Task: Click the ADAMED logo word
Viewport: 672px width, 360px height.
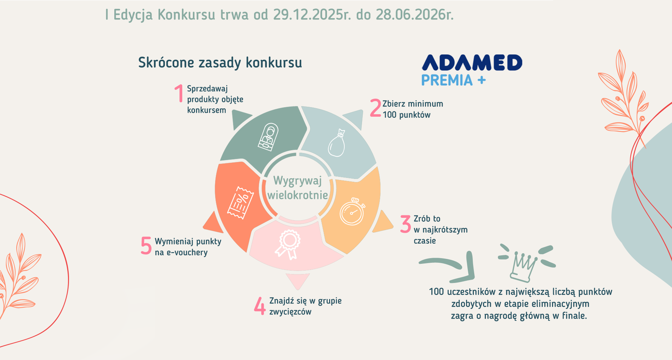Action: (472, 63)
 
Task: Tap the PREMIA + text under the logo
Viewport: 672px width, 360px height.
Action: (453, 80)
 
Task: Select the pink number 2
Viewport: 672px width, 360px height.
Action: (375, 108)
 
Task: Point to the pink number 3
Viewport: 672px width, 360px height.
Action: (406, 224)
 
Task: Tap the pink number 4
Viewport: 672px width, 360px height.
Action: (260, 306)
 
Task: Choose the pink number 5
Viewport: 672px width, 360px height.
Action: (146, 245)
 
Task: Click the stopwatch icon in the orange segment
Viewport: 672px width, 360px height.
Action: (352, 211)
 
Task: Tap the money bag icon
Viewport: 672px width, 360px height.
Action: (337, 143)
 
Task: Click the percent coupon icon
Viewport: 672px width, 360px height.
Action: (241, 203)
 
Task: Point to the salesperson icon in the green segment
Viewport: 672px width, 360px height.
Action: (268, 137)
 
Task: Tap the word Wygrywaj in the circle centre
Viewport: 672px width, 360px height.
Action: (297, 181)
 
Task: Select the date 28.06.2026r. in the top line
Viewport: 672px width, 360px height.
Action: (414, 15)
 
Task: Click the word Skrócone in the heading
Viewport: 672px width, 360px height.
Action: (166, 63)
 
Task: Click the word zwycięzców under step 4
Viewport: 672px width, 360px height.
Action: (290, 312)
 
